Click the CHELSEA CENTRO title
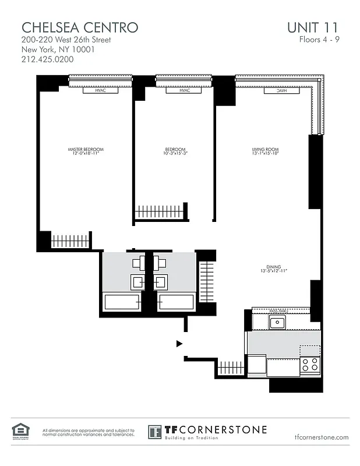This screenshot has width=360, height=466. click(x=80, y=27)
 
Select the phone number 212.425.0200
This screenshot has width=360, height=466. click(x=48, y=59)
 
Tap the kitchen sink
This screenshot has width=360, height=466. click(x=276, y=322)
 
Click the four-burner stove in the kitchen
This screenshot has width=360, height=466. click(x=310, y=365)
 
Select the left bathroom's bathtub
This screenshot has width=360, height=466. click(x=122, y=302)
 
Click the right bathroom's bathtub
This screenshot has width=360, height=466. click(x=176, y=302)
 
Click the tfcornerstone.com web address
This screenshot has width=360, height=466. click(x=322, y=437)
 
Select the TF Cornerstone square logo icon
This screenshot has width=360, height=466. click(x=154, y=432)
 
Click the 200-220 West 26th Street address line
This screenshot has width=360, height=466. click(x=66, y=40)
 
